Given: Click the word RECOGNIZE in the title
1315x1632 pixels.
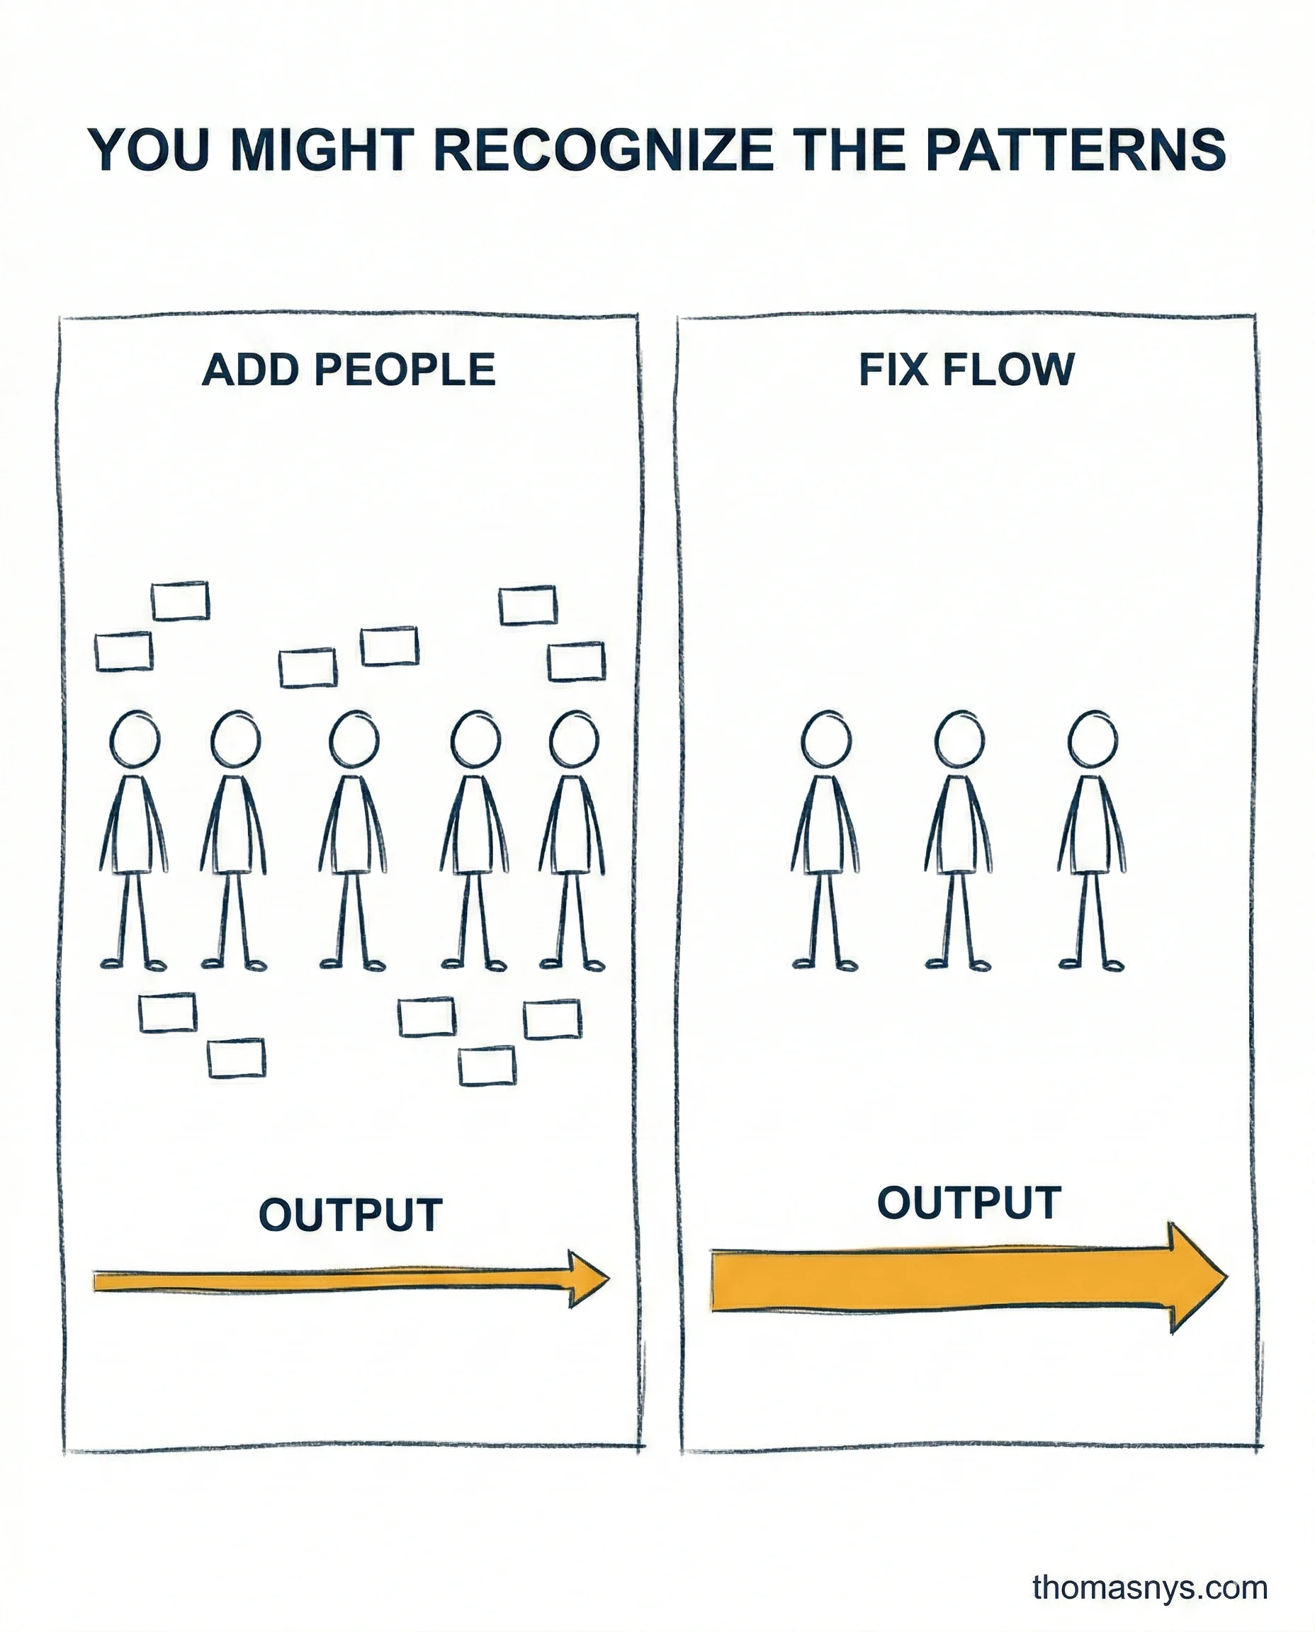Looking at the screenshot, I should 604,149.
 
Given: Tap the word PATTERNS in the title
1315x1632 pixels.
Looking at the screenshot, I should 1075,149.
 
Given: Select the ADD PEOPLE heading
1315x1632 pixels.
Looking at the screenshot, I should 349,370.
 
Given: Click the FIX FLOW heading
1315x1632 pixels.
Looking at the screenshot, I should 966,370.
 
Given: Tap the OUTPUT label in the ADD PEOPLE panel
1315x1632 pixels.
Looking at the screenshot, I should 350,1215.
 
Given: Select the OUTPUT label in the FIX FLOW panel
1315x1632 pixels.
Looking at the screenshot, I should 969,1203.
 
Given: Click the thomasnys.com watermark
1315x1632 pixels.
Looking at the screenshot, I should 1149,1587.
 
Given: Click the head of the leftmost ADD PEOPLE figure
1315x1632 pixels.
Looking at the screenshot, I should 135,738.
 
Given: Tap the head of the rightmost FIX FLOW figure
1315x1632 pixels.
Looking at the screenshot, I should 1093,738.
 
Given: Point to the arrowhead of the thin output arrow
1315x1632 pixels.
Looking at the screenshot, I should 588,1279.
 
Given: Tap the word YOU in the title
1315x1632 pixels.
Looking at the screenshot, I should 149,149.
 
